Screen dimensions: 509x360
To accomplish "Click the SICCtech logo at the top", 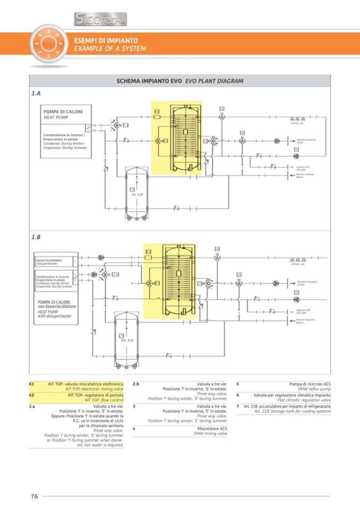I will tap(100, 20).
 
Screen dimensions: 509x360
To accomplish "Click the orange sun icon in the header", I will tap(48, 44).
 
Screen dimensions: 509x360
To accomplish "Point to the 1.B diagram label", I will tap(36, 237).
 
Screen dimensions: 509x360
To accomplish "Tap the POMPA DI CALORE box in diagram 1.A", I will tap(66, 115).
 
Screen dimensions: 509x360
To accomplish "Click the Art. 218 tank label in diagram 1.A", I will tap(137, 194).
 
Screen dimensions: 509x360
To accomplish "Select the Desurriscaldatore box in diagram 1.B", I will tap(53, 262).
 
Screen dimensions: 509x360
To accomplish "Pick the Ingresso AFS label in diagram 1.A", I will tap(304, 167).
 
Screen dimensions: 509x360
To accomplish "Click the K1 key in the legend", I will tap(32, 383).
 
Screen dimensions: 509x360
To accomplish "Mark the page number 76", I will tap(34, 496).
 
